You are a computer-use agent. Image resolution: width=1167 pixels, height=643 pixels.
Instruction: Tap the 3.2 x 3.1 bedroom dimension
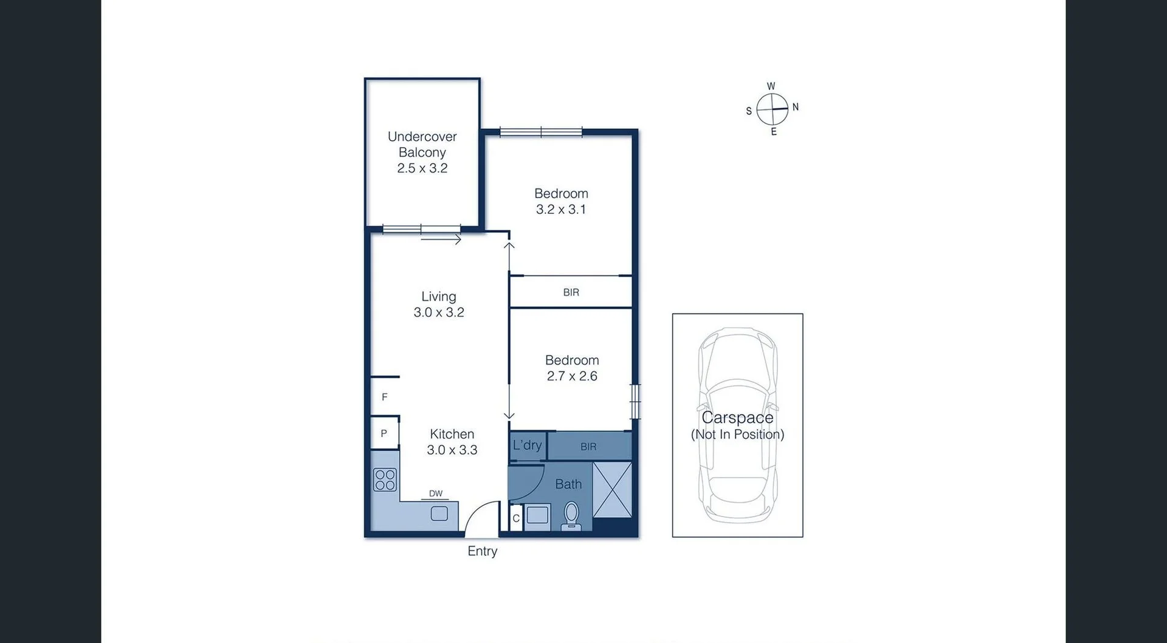click(560, 210)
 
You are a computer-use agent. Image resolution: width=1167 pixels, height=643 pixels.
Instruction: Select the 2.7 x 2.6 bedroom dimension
click(571, 376)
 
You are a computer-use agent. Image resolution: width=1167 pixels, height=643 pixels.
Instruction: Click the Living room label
click(438, 297)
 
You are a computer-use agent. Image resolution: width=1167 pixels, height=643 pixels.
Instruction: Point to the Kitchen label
click(452, 434)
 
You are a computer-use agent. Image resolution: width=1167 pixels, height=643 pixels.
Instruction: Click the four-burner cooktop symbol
click(385, 480)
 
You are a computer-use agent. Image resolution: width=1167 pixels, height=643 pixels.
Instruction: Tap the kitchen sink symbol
click(439, 514)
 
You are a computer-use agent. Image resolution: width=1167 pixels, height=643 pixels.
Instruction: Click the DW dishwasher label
click(435, 493)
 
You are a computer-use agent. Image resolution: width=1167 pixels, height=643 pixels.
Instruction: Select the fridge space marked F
click(384, 397)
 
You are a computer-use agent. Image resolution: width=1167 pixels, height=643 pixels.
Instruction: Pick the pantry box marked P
click(384, 433)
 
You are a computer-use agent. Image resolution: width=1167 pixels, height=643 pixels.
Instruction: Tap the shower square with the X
click(612, 490)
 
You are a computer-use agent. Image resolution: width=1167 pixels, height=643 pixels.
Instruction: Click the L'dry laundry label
click(527, 445)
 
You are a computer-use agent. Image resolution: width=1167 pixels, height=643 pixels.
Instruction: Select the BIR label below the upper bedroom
click(571, 292)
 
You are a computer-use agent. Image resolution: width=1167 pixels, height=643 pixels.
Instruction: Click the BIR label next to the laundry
click(588, 447)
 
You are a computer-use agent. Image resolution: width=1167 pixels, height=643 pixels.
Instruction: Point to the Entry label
click(482, 551)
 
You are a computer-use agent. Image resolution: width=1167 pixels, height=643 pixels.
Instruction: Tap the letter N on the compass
click(795, 107)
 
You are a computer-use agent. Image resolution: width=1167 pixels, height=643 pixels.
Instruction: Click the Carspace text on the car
click(737, 418)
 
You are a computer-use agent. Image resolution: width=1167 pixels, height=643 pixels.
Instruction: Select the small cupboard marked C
click(516, 518)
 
